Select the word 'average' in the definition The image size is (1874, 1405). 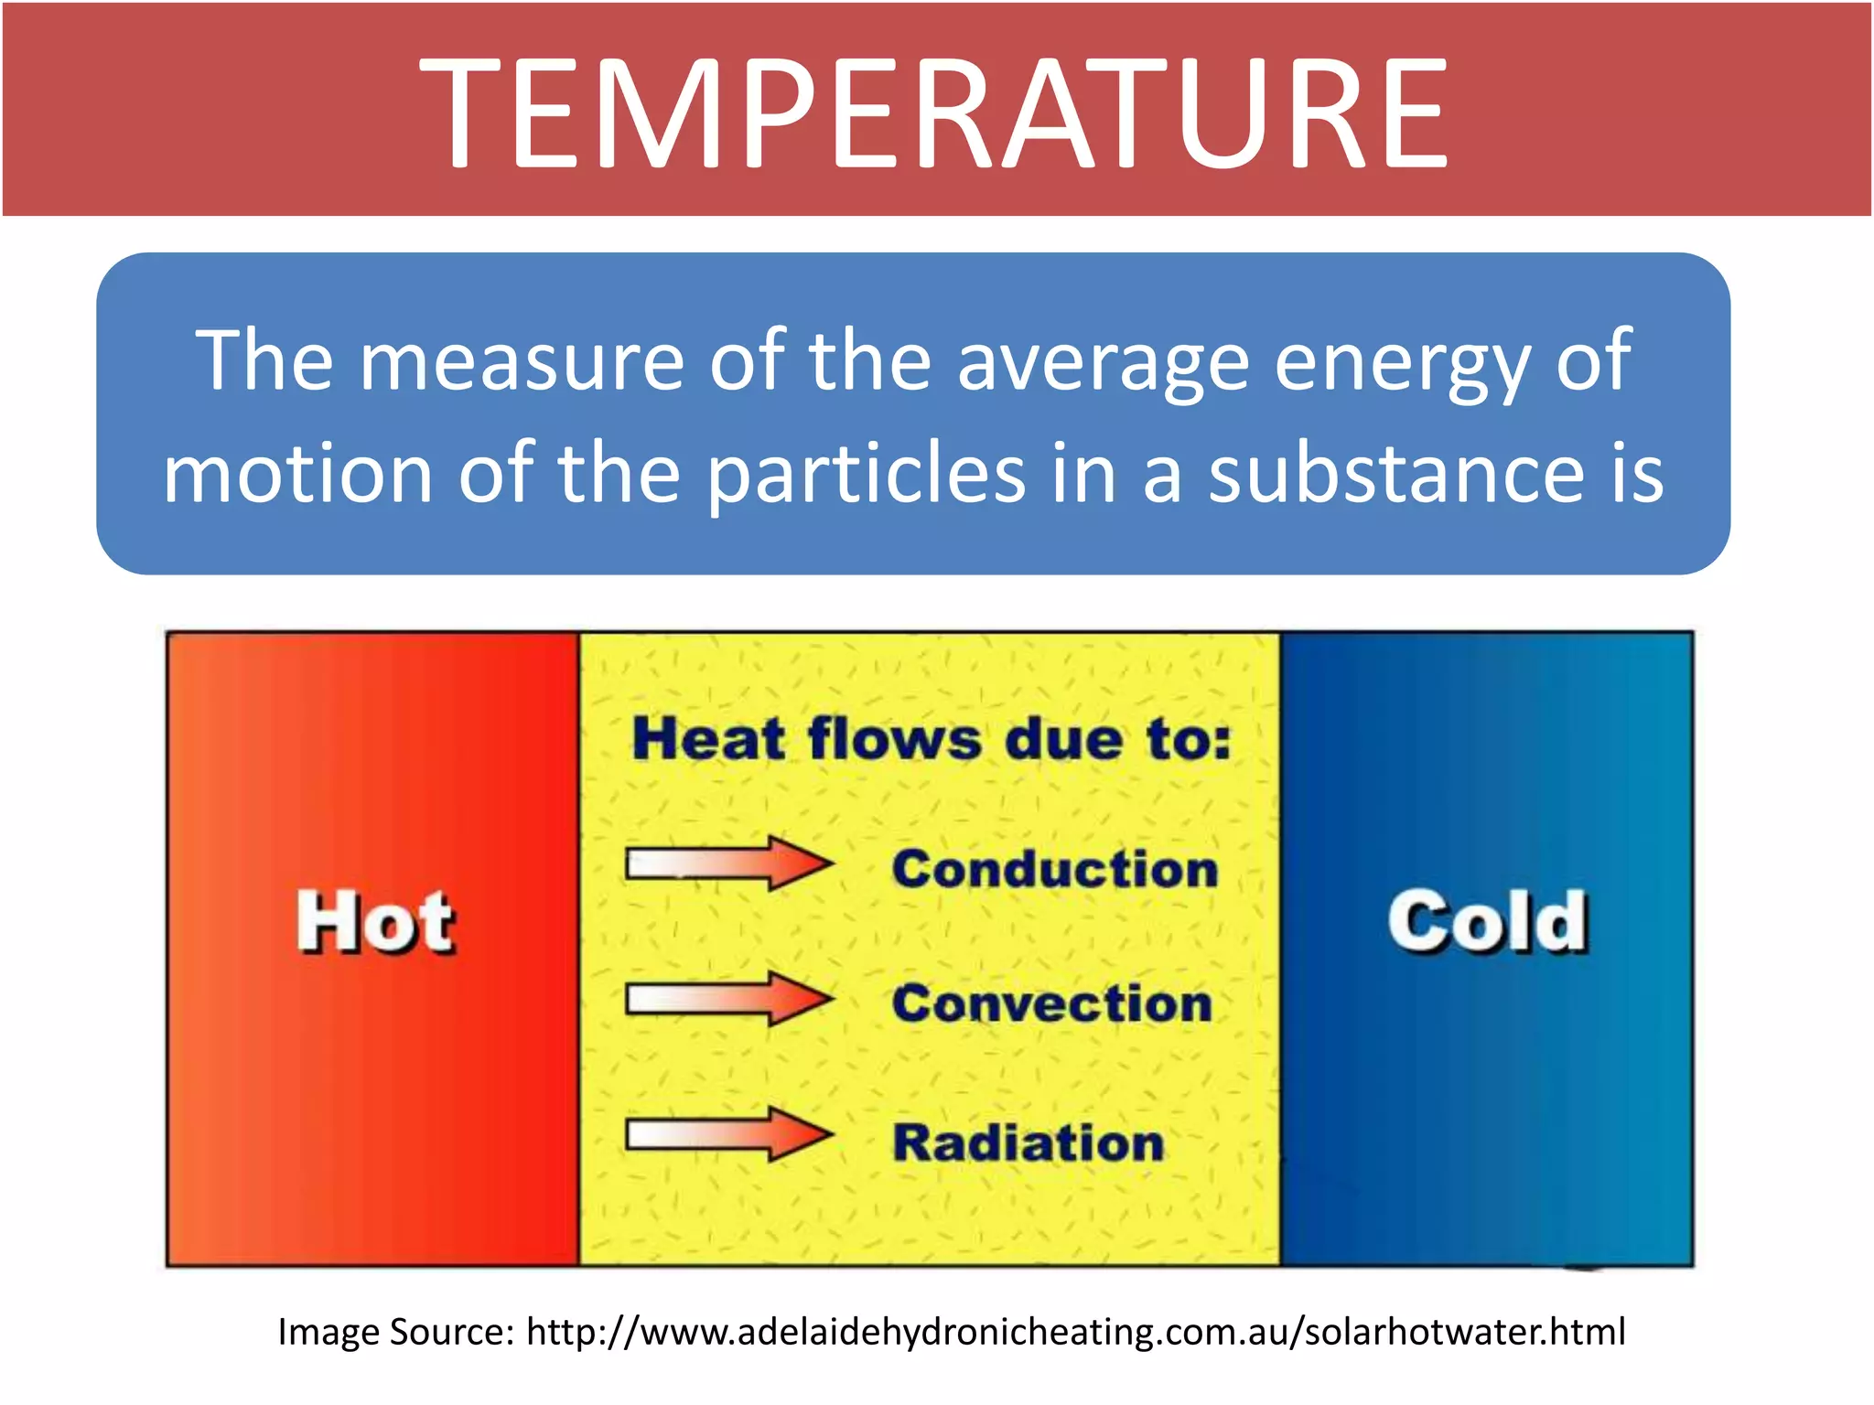coord(1103,362)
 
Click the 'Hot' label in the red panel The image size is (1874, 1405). coord(375,922)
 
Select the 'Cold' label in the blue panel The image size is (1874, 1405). coord(1487,922)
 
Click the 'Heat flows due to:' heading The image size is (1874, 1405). coord(932,738)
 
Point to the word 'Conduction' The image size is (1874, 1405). coord(1055,868)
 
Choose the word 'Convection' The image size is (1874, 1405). coord(1052,1003)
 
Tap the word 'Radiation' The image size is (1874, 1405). coord(1028,1142)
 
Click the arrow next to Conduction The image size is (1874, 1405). coord(728,863)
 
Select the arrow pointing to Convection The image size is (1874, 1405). coord(728,999)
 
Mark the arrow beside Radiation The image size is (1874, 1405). coord(728,1135)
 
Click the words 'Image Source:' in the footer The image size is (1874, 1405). coord(395,1332)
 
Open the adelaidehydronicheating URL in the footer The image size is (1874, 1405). coord(1075,1332)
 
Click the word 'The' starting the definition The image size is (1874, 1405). coord(264,360)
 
